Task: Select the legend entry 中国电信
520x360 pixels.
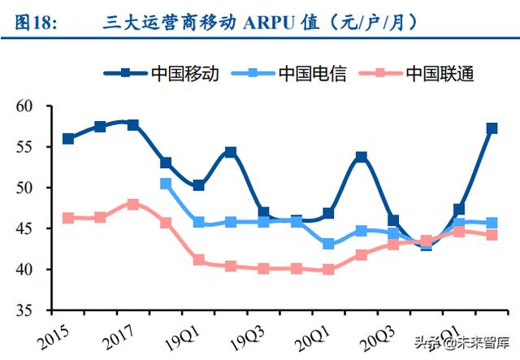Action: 312,73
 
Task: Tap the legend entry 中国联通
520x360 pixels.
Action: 440,73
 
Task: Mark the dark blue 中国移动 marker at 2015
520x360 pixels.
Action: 68,139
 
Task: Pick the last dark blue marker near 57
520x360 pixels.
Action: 492,128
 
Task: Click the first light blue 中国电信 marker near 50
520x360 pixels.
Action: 166,184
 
